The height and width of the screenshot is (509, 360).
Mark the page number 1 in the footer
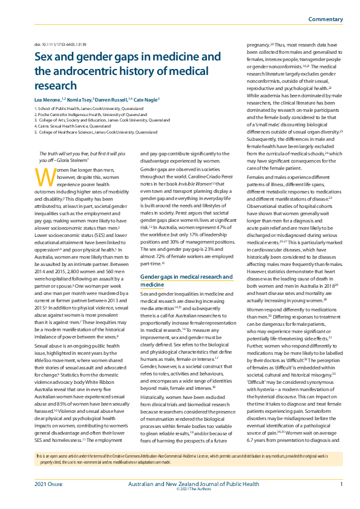(x=341, y=484)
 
